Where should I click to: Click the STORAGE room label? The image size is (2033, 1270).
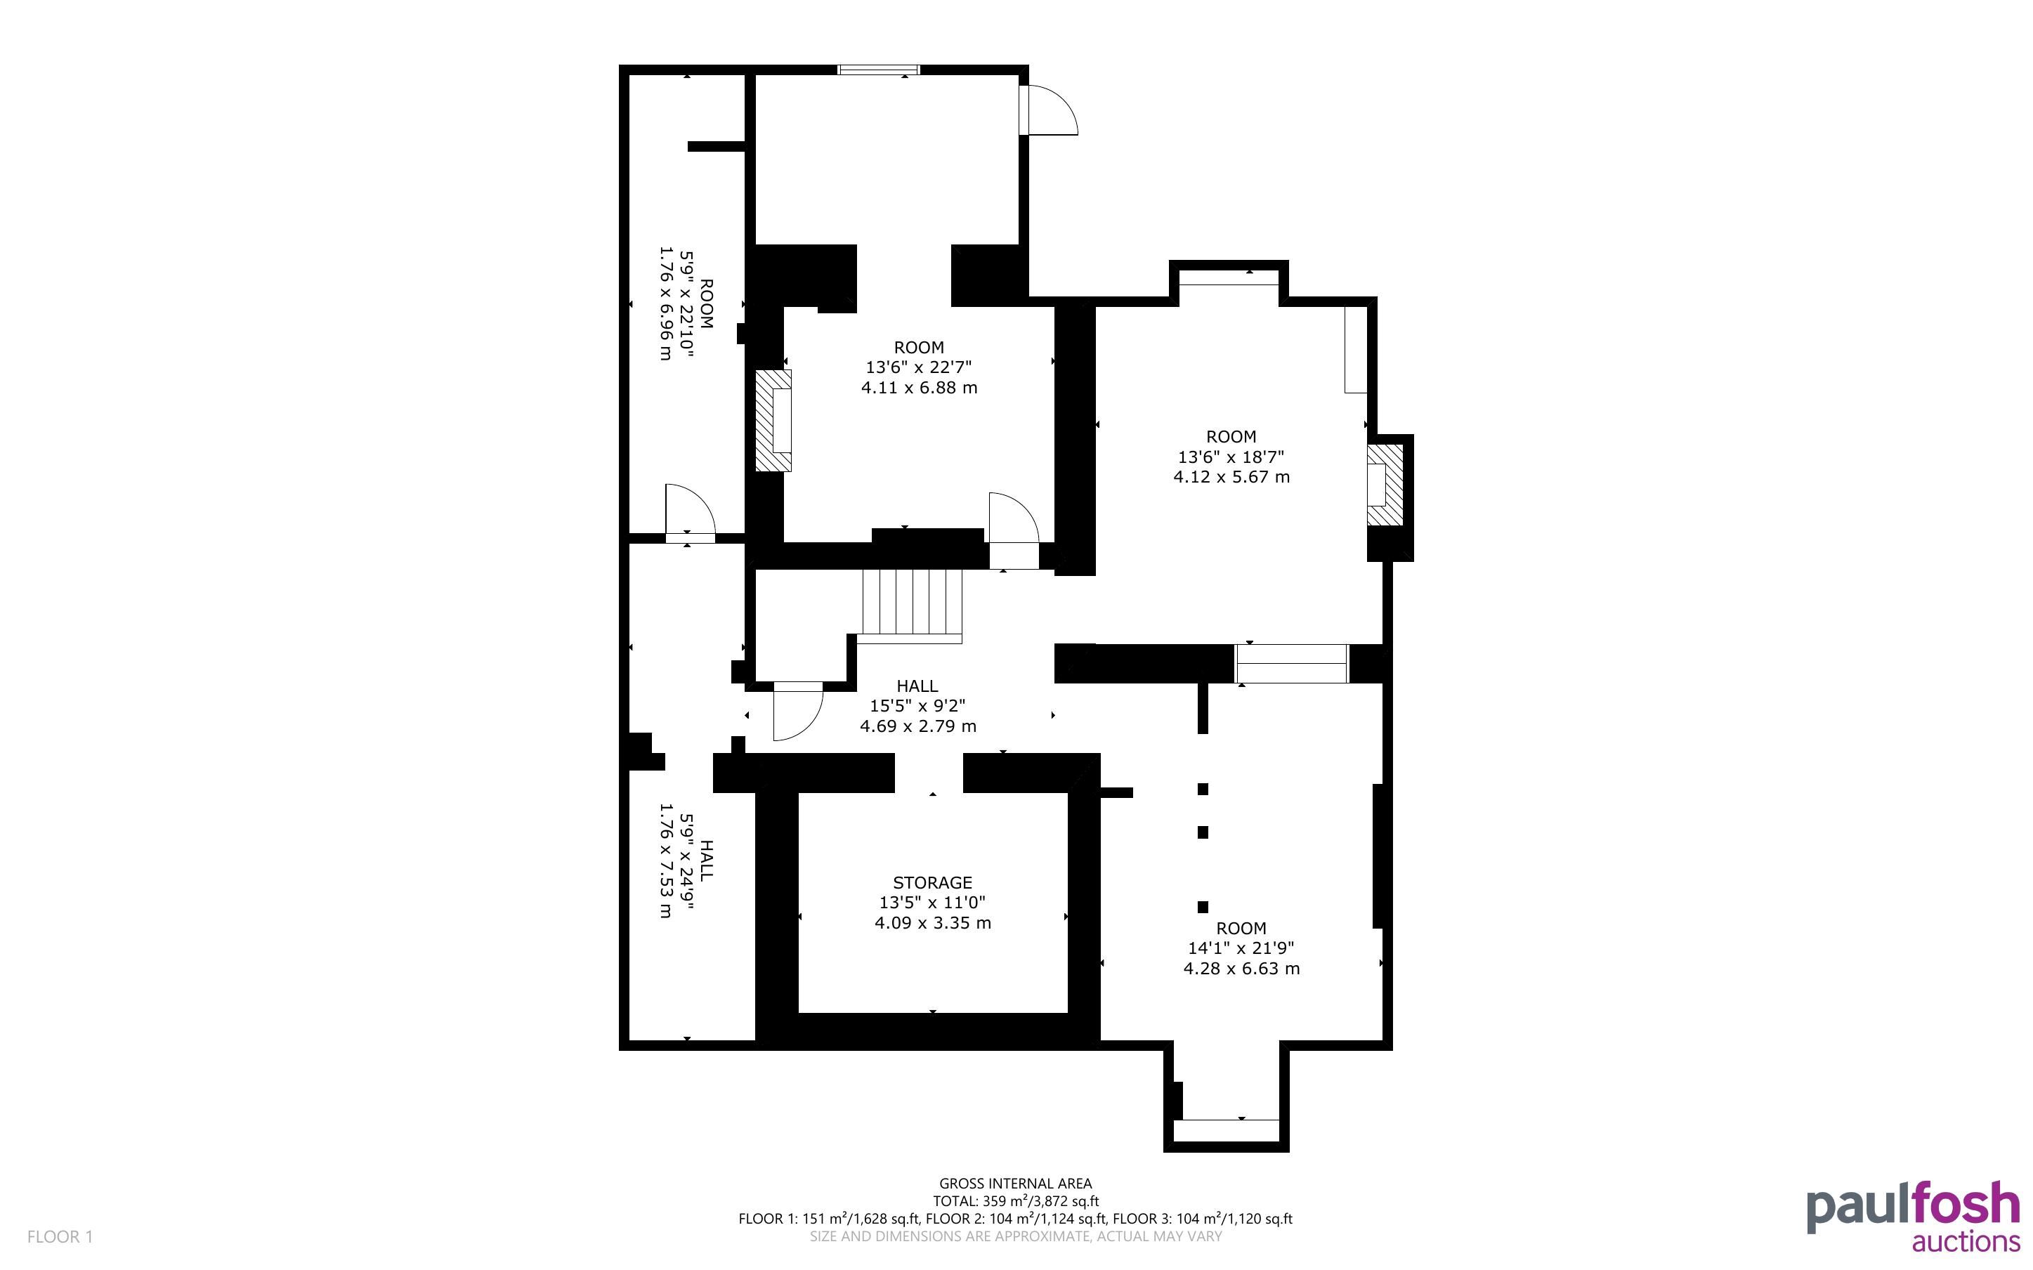tap(932, 883)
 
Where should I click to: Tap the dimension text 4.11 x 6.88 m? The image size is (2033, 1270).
tap(920, 388)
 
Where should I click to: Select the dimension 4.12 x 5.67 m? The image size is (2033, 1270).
tap(1231, 477)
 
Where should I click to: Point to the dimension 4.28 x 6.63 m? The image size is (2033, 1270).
tap(1241, 969)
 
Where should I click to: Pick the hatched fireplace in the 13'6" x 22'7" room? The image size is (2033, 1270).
tap(773, 420)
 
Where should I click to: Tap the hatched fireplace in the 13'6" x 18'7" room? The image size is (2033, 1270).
tap(1385, 485)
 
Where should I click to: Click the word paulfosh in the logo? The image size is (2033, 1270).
tap(1914, 1206)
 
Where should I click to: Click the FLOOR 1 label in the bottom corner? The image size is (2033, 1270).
tap(60, 1236)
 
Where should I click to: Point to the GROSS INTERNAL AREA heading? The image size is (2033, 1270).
tap(1015, 1184)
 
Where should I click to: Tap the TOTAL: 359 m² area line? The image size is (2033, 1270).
tap(1015, 1201)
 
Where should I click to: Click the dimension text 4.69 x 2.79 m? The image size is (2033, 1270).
tap(918, 726)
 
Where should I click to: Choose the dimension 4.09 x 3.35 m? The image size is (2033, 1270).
tap(932, 923)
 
